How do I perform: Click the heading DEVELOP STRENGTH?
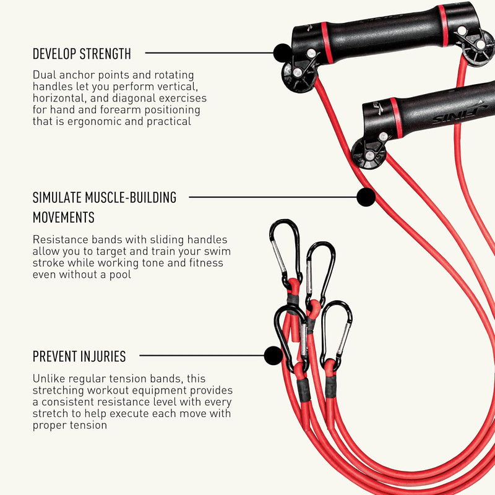tap(82, 54)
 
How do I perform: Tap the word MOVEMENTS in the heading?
tap(64, 217)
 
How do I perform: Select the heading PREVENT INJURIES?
tap(79, 356)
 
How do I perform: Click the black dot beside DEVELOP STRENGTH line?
tap(282, 53)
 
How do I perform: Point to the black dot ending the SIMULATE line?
tap(366, 197)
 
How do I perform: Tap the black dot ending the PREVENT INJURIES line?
tap(273, 355)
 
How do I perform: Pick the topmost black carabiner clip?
tap(285, 252)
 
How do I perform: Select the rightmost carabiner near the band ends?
tap(336, 335)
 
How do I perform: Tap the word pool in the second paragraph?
tap(120, 275)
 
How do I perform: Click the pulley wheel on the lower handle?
tap(368, 153)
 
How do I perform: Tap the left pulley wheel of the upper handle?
tap(298, 77)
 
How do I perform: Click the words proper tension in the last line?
tap(70, 425)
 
